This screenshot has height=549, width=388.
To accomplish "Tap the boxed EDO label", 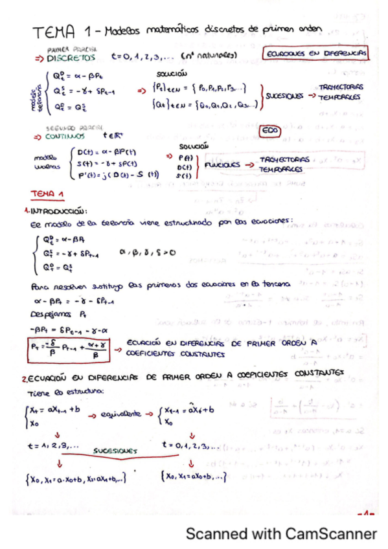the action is [x=269, y=129].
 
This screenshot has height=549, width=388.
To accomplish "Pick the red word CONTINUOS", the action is [x=66, y=136].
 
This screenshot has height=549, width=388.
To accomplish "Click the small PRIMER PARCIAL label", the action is [x=71, y=49].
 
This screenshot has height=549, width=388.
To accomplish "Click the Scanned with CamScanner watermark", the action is [x=281, y=534].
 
